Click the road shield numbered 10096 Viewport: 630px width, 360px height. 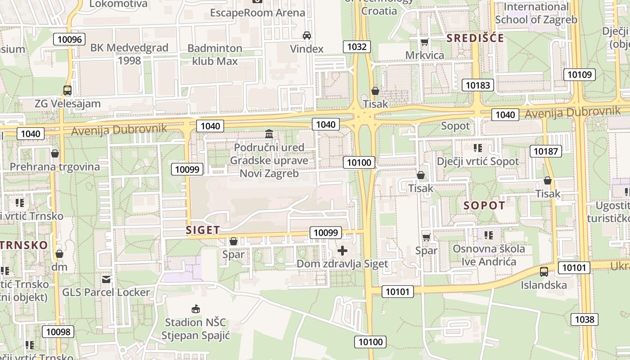coord(70,39)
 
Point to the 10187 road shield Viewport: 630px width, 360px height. coord(546,151)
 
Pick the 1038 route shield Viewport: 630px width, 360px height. coord(585,319)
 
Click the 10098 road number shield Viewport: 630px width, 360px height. coord(58,332)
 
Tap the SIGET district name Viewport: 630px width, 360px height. coord(203,230)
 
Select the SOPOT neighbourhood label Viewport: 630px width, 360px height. coord(484,206)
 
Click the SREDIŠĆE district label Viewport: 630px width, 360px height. coord(475,38)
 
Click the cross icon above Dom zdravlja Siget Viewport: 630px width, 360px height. coord(342,251)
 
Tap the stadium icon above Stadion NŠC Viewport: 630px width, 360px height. coord(195,309)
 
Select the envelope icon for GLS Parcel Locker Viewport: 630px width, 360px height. coord(106,279)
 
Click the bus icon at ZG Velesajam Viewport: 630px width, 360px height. coord(67,90)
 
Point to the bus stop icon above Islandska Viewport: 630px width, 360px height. coord(544,272)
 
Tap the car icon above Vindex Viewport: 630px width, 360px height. coord(306,36)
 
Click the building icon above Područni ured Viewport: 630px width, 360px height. coord(269,134)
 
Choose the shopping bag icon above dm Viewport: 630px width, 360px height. coord(59,254)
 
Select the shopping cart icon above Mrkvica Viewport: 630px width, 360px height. coord(424,42)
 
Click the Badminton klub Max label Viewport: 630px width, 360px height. coord(215,54)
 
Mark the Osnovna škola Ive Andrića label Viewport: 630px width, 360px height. coord(489,255)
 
